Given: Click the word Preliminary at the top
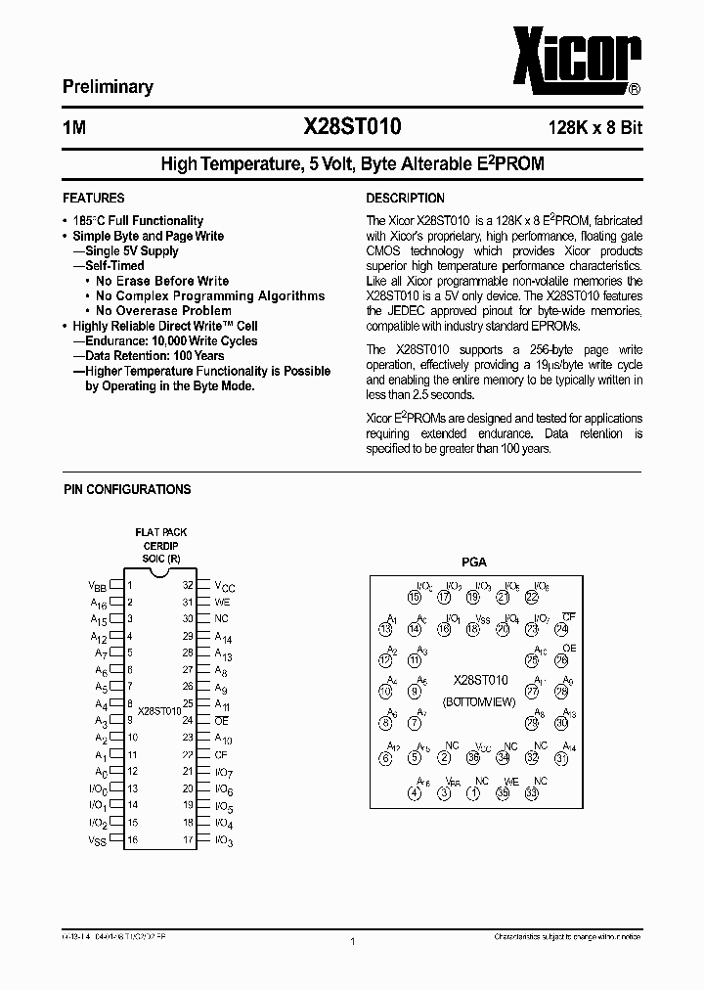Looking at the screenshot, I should (108, 87).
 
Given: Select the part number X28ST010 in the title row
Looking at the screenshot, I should (352, 126).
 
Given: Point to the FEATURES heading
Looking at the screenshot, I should (93, 198).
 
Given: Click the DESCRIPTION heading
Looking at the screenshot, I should (405, 198).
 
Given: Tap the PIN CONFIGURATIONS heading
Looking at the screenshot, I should (127, 489).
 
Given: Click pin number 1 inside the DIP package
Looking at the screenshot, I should (130, 586).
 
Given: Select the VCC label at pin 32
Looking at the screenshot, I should (224, 586).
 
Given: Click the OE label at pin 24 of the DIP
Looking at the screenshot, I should (221, 721).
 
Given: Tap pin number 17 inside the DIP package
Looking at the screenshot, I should (188, 838).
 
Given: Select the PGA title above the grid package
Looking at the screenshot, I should (473, 562).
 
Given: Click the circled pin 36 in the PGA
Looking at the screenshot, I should (473, 756).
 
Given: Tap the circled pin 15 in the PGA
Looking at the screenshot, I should (415, 597).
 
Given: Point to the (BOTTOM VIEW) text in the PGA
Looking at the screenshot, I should (480, 702).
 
